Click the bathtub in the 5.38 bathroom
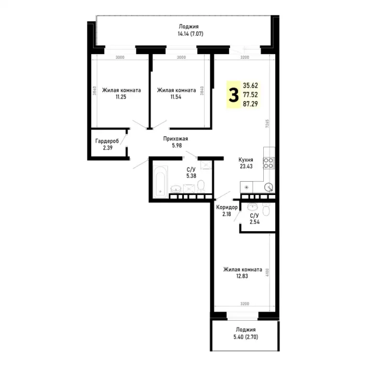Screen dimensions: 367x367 [x=161, y=182]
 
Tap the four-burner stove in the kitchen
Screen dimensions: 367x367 [x=269, y=163]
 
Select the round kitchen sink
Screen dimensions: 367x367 [x=269, y=187]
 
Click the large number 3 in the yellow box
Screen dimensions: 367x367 [x=234, y=95]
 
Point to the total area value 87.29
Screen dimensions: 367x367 [x=250, y=104]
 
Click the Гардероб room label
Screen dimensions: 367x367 [x=107, y=141]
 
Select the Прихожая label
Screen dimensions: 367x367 [x=175, y=139]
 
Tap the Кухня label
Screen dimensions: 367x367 [x=246, y=160]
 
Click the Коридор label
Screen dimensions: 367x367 [x=227, y=207]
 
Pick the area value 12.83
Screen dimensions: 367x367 [x=242, y=276]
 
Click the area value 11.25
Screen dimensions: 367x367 [x=121, y=97]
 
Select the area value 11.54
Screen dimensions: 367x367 [x=176, y=97]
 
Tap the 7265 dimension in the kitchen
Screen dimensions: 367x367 [x=267, y=124]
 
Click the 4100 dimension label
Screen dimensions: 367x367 [x=268, y=272]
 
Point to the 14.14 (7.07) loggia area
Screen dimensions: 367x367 [x=191, y=34]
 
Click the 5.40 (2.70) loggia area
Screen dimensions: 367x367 [x=246, y=337]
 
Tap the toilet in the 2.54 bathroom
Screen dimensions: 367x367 [x=267, y=209]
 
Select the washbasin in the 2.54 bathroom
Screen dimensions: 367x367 [x=252, y=206]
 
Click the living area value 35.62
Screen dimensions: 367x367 [x=250, y=86]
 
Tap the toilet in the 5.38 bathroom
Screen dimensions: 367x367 [x=201, y=186]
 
